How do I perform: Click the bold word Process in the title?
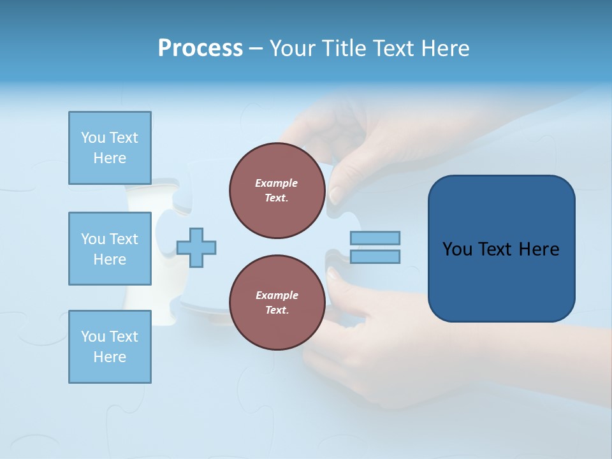200,48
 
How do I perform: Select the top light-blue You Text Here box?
110,148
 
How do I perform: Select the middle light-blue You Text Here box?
110,249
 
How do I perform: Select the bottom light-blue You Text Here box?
110,347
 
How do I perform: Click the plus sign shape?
196,247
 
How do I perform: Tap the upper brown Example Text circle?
277,191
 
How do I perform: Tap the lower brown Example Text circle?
277,303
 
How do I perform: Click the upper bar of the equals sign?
375,238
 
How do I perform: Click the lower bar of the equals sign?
375,256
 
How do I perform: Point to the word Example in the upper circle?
277,183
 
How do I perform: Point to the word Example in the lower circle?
277,295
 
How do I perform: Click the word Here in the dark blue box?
539,249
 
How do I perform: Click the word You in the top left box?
93,138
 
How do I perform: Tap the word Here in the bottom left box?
110,357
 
